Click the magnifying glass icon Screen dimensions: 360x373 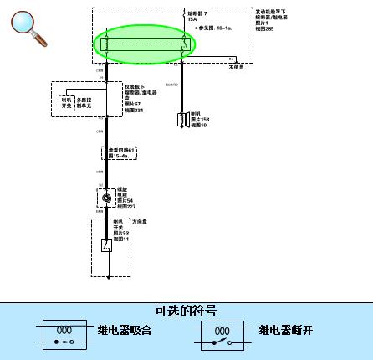28,26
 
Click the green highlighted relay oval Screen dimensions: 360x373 143,44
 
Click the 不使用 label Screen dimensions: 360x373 237,67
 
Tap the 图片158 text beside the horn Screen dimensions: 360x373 197,120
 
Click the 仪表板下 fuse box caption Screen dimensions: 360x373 135,85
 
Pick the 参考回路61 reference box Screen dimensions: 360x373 119,152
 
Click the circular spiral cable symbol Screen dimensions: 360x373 106,198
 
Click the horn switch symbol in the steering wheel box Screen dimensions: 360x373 106,245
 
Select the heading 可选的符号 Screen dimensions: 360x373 186,311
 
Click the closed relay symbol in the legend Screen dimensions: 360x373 62,334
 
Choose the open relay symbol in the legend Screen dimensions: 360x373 220,334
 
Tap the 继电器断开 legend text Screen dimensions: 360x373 285,330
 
